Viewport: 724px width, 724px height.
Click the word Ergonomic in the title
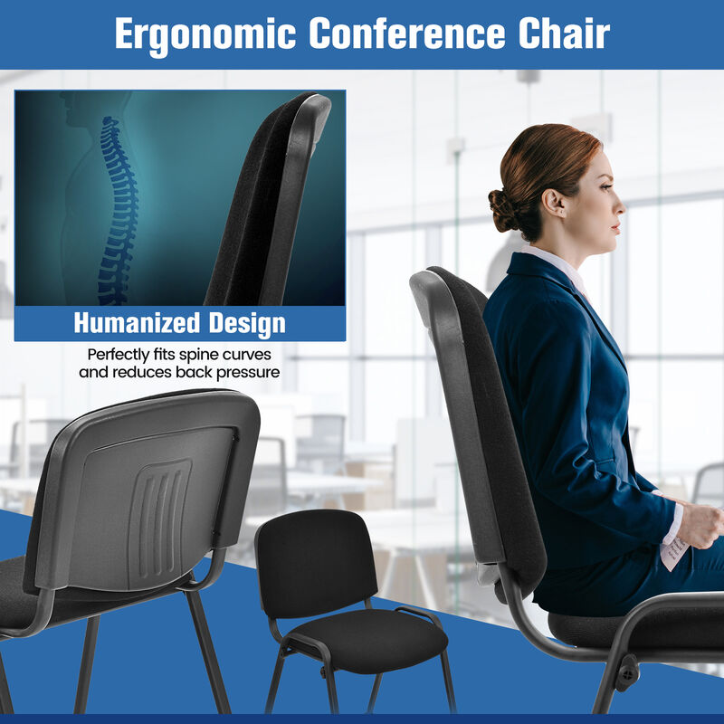point(205,34)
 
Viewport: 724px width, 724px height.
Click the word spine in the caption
point(205,355)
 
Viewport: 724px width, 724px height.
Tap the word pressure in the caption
point(247,372)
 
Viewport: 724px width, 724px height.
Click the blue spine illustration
point(117,208)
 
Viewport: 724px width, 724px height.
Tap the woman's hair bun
point(502,211)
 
